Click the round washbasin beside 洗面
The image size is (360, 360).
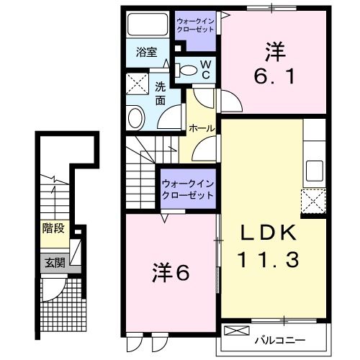tap(135, 117)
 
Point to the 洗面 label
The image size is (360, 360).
tap(161, 94)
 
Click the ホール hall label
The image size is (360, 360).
tap(200, 127)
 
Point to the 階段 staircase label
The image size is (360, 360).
tap(54, 228)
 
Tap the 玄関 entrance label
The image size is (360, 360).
tap(54, 263)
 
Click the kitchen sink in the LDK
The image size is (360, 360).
tap(314, 171)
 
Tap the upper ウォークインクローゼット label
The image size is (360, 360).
tap(196, 26)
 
